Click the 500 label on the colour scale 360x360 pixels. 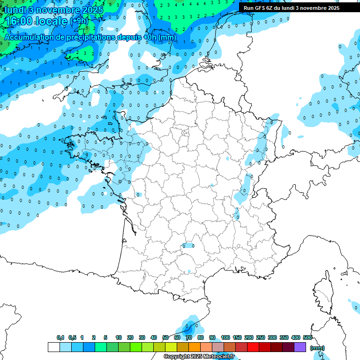(x=307, y=337)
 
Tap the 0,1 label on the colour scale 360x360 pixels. (x=60, y=337)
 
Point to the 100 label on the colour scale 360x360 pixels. (x=225, y=337)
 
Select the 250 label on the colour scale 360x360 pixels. (x=261, y=337)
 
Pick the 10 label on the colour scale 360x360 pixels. (x=119, y=337)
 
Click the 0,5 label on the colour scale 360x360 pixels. (x=72, y=337)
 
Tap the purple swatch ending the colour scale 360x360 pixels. (x=300, y=347)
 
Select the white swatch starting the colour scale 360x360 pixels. (x=53, y=347)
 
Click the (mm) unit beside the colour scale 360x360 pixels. (x=317, y=348)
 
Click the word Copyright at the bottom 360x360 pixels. (x=175, y=357)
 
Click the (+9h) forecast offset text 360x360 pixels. (x=78, y=21)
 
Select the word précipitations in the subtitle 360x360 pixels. (x=96, y=37)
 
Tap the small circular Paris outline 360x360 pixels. (x=186, y=133)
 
